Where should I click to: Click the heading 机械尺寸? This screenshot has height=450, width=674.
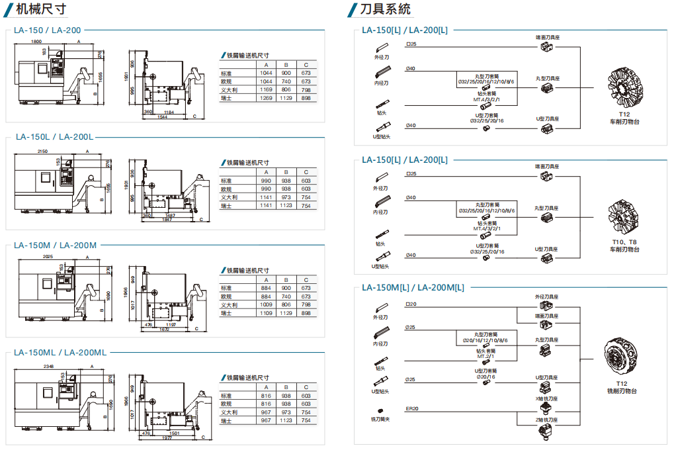click(43, 9)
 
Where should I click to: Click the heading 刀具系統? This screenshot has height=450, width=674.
click(385, 9)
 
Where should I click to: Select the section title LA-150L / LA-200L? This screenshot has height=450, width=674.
click(54, 137)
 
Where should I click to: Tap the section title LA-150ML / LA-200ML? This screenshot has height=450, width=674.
click(60, 352)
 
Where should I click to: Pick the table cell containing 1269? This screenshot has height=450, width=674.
click(266, 98)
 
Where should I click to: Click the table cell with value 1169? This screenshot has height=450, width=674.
click(266, 89)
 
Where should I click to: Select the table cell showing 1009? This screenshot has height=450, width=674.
click(266, 305)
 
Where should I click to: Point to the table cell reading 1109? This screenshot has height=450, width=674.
click(266, 314)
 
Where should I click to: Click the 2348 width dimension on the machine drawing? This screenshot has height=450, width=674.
click(48, 365)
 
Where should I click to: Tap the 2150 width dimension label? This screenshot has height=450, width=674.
click(43, 151)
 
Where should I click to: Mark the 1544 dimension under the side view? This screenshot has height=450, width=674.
click(163, 118)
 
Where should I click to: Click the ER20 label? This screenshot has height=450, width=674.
click(411, 409)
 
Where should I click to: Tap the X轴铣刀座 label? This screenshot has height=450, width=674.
click(546, 399)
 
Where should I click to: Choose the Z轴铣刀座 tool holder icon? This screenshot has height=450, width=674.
click(546, 431)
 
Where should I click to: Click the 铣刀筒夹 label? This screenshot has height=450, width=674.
click(380, 420)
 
